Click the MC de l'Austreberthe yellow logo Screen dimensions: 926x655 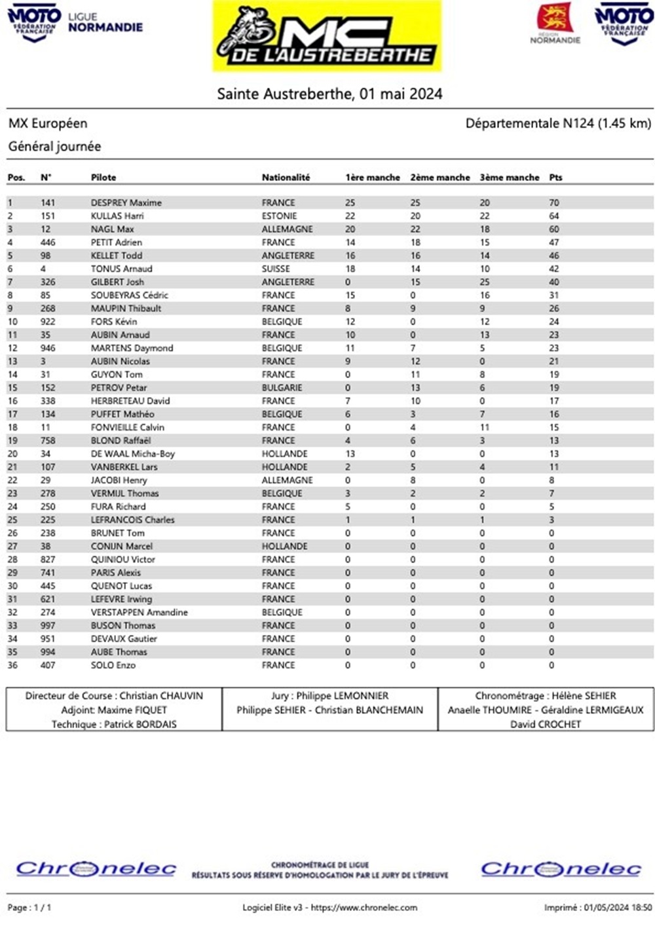[327, 36]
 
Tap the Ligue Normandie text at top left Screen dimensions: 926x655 [105, 22]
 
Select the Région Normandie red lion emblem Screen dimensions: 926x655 [555, 18]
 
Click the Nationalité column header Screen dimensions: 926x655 [286, 178]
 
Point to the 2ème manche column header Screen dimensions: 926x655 [440, 178]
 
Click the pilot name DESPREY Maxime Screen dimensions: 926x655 [126, 203]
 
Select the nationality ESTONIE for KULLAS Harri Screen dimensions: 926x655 [279, 216]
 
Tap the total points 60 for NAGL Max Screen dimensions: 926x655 [554, 229]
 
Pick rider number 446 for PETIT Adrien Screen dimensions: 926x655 [48, 242]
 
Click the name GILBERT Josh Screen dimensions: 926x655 [117, 282]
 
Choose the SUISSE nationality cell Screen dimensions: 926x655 [276, 269]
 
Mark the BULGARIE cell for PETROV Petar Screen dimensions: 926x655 [282, 387]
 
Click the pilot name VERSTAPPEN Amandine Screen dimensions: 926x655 [139, 612]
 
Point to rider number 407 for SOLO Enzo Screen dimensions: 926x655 [48, 665]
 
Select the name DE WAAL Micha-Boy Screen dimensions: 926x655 [132, 453]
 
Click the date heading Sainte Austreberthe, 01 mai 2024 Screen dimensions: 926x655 [329, 94]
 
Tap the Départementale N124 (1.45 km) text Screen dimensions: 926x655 [558, 123]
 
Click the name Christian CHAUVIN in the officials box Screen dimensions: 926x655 [161, 696]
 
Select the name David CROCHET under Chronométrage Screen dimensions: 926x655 [546, 724]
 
